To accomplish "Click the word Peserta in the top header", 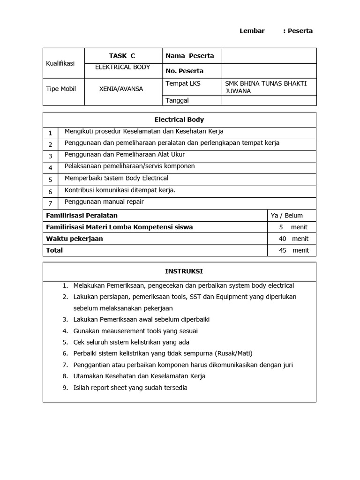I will pyautogui.click(x=300, y=31).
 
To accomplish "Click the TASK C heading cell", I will pyautogui.click(x=122, y=56).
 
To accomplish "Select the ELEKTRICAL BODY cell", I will pyautogui.click(x=122, y=67).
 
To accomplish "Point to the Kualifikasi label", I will pyautogui.click(x=60, y=63).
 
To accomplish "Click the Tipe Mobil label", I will pyautogui.click(x=61, y=89).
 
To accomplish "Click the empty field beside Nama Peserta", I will pyautogui.click(x=269, y=56).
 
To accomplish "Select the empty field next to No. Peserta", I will pyautogui.click(x=269, y=71).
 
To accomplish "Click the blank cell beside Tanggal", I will pyautogui.click(x=269, y=100).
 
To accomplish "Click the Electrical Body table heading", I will pyautogui.click(x=180, y=120).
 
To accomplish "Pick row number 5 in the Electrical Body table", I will pyautogui.click(x=50, y=180).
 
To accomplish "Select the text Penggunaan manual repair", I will pyautogui.click(x=104, y=202).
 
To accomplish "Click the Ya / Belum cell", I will pyautogui.click(x=287, y=216).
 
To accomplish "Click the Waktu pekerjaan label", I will pyautogui.click(x=74, y=239).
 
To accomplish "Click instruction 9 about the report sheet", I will pyautogui.click(x=130, y=388).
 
